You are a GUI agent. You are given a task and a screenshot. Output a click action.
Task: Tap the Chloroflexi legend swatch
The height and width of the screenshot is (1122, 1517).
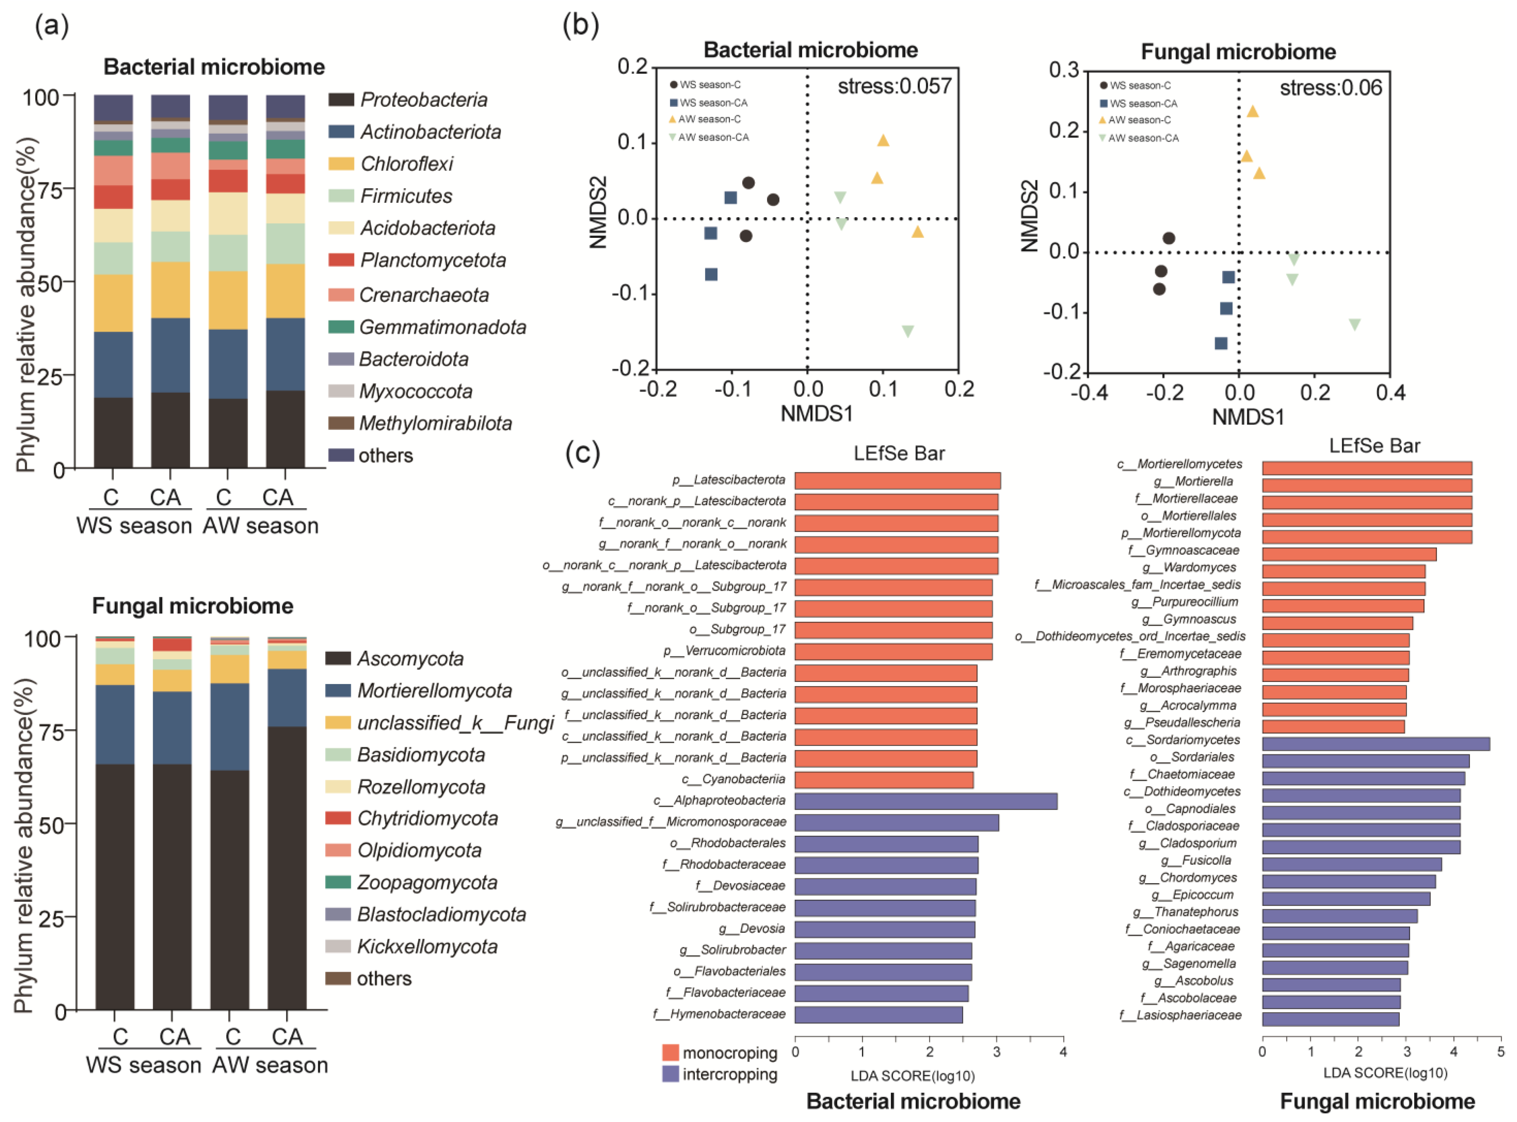[341, 164]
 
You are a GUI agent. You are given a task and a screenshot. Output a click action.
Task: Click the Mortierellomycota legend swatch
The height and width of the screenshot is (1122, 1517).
[338, 691]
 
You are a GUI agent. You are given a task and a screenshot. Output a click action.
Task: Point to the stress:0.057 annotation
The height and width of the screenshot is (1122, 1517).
[894, 86]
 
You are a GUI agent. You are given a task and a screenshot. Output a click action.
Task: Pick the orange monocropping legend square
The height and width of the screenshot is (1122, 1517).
[670, 1053]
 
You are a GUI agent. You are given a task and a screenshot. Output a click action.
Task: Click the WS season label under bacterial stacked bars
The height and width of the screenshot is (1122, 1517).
[134, 526]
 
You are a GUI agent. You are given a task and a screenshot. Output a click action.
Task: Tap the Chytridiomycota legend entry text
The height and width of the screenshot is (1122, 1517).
[427, 818]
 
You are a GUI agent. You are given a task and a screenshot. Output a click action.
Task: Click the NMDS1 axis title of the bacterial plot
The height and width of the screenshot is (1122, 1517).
[816, 414]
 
